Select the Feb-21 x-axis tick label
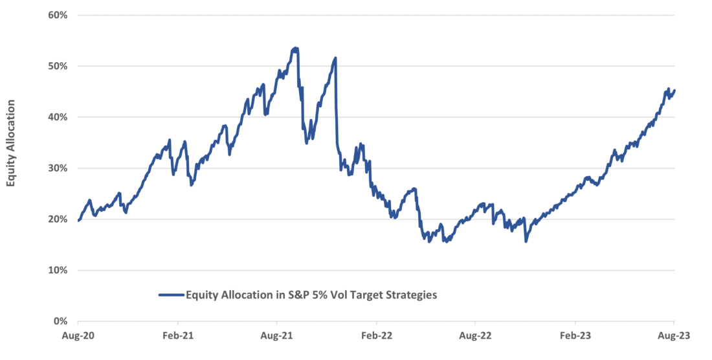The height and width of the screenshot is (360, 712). [177, 337]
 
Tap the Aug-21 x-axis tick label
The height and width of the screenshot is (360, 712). [276, 337]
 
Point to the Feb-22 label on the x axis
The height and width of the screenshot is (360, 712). [376, 337]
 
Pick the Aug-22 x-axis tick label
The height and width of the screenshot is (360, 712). [475, 337]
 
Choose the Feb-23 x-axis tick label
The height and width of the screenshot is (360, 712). [575, 337]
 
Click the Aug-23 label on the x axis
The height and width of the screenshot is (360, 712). [674, 337]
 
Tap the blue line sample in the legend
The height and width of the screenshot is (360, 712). [171, 295]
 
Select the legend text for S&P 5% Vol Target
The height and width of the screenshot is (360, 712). [311, 295]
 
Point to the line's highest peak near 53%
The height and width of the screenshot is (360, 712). [295, 48]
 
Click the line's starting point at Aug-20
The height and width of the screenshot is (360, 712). [78, 221]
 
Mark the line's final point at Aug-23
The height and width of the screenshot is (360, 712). [674, 91]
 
